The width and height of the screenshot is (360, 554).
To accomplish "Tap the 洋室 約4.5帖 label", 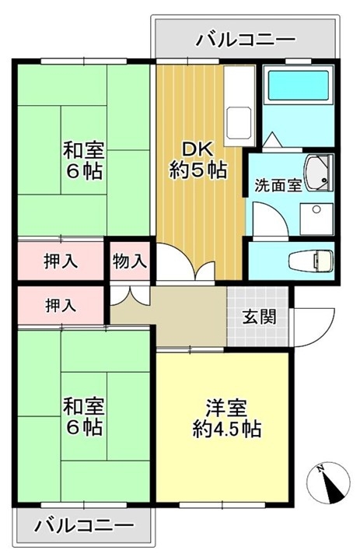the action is [226, 419].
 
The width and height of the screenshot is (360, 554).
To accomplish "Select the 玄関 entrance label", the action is [259, 317].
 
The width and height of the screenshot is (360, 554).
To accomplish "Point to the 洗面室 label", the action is [278, 185].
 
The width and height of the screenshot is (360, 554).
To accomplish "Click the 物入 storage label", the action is [130, 261].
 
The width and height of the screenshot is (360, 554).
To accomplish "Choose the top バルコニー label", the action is [246, 39].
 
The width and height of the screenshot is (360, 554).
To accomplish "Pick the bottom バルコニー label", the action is [84, 525].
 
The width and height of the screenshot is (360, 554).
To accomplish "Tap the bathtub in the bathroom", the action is [299, 86].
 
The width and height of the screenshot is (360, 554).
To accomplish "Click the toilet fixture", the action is [310, 261].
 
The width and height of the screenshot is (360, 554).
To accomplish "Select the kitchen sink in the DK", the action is [239, 123].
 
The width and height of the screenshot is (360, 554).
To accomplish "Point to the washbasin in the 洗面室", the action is [319, 174].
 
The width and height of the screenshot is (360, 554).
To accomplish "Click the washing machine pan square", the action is [316, 219].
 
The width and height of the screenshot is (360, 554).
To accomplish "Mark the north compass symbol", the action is [329, 484].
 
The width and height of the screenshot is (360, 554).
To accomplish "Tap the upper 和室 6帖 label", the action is [84, 160].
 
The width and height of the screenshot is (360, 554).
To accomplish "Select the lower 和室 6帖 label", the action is [84, 416].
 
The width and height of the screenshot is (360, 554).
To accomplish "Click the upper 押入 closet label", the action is [61, 261].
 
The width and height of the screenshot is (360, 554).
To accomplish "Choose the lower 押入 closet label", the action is [61, 305].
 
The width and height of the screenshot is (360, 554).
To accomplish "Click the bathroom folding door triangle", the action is [272, 140].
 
